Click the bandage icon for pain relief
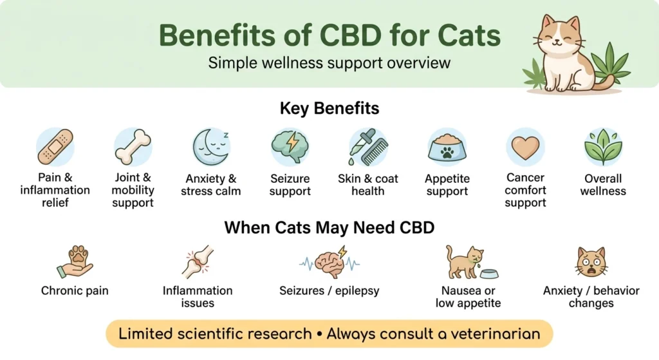[x=55, y=146]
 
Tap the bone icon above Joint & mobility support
[x=133, y=146]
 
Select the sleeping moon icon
[x=211, y=146]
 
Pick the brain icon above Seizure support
[x=290, y=146]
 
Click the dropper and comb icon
[x=368, y=146]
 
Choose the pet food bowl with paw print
[x=447, y=147]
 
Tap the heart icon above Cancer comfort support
[x=525, y=147]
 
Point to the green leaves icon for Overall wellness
[x=603, y=147]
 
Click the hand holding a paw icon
[x=75, y=261]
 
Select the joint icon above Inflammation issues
[x=197, y=261]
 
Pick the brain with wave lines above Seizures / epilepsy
[x=329, y=261]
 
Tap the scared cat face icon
[x=591, y=261]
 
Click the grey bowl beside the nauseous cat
[x=488, y=273]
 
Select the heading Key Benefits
[x=329, y=108]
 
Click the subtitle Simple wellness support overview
[x=329, y=64]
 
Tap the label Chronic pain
[x=75, y=290]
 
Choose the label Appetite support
[x=447, y=185]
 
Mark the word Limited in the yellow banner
[x=145, y=334]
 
